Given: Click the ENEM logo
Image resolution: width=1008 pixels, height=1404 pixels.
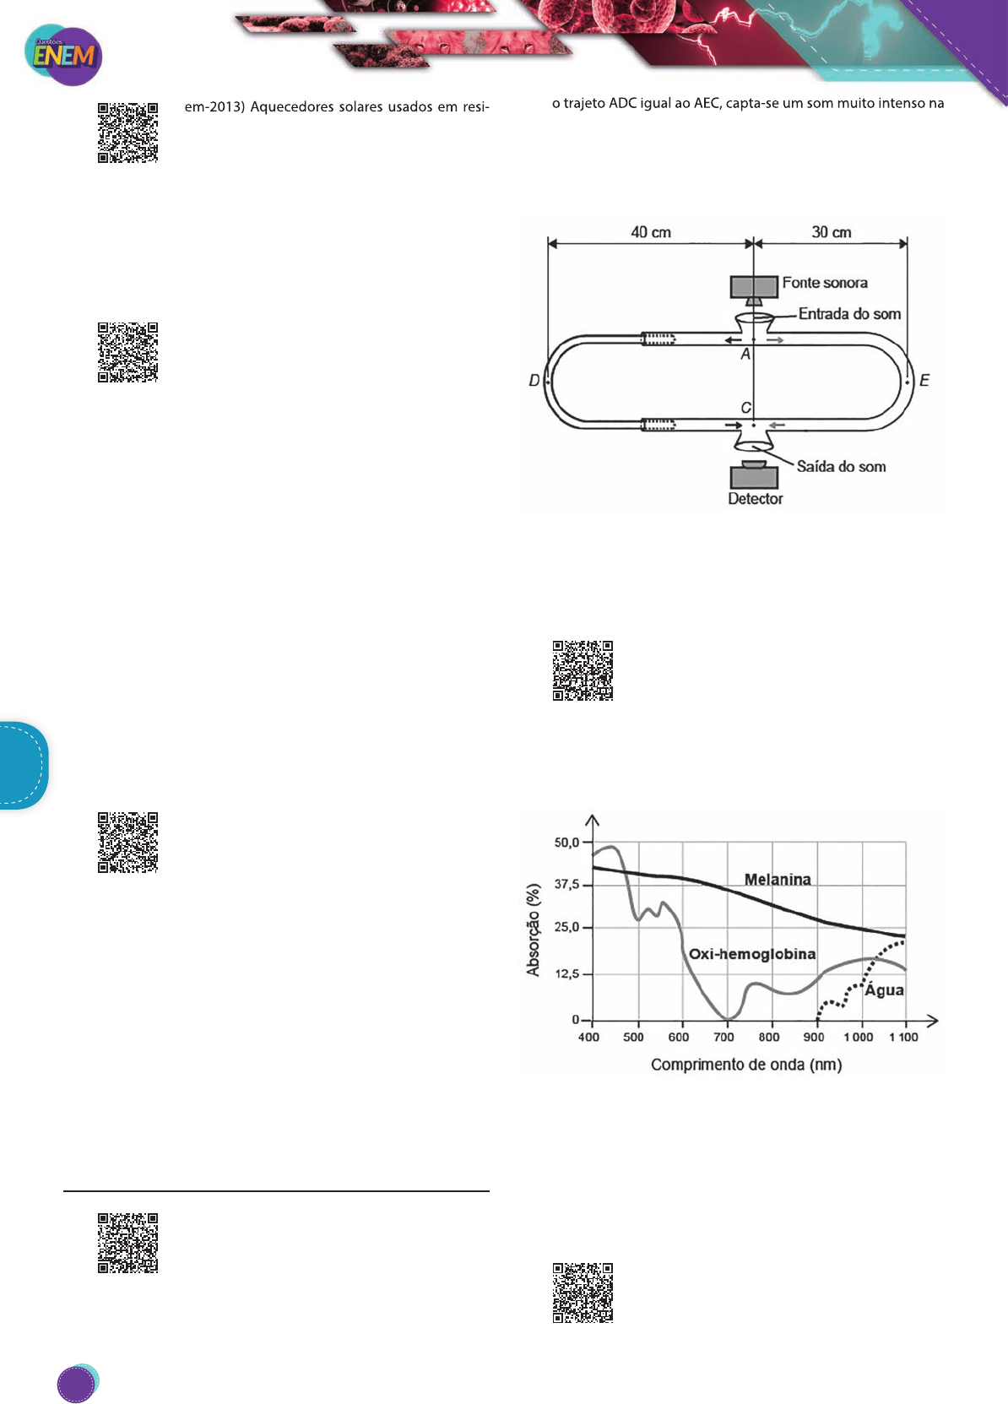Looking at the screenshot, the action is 63,56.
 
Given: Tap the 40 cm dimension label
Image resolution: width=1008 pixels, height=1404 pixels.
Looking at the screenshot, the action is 651,232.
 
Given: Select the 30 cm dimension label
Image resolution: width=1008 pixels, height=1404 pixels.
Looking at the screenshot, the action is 832,232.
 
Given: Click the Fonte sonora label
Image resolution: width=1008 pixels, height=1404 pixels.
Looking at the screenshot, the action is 824,283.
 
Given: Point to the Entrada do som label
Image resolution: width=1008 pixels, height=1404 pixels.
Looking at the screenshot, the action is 849,313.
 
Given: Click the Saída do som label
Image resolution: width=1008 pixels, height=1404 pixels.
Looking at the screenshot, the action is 841,466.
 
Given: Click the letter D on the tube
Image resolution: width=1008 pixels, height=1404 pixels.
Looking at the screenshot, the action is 534,381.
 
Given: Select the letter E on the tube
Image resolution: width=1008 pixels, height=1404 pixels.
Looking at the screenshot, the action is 924,381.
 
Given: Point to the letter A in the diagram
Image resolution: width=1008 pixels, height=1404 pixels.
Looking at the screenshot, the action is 745,354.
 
